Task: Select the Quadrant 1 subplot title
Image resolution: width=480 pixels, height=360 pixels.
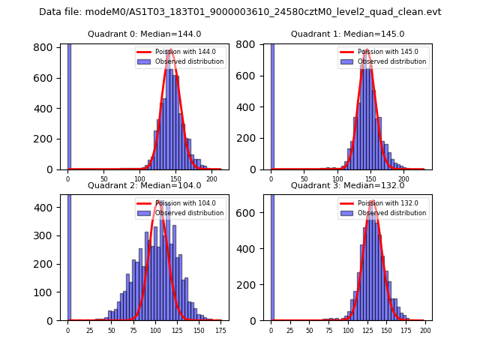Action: coord(347,34)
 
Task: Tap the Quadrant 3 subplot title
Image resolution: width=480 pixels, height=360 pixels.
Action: coord(347,185)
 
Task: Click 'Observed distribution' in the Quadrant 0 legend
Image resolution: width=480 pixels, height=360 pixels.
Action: coord(190,61)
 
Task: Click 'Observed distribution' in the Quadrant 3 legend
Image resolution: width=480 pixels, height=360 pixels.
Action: coord(393,213)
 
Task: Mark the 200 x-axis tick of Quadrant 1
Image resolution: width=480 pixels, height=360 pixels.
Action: coord(403,179)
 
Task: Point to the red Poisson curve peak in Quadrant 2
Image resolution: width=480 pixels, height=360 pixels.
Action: coord(159,201)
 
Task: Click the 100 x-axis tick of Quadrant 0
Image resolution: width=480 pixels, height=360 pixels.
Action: coord(139,179)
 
